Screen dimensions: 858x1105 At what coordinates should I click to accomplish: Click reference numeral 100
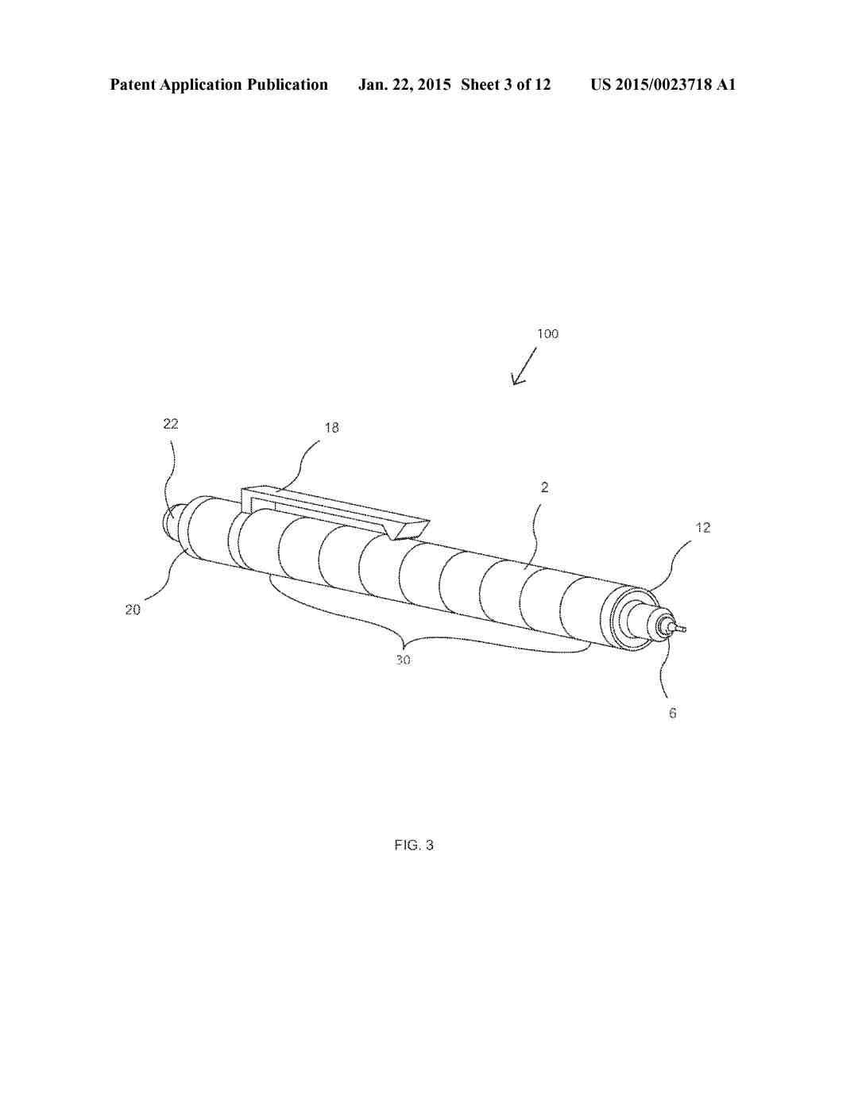(x=547, y=333)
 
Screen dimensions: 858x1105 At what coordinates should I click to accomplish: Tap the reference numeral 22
(x=171, y=424)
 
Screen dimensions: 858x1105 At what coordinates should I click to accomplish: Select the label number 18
(x=331, y=428)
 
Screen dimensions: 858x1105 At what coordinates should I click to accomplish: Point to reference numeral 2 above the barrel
(x=544, y=487)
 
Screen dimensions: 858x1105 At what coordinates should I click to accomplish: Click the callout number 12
(x=703, y=528)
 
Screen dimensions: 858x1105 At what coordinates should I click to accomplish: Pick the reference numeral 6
(x=672, y=714)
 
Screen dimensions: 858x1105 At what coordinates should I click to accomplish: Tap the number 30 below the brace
(x=403, y=660)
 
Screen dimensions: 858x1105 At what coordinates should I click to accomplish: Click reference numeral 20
(x=133, y=609)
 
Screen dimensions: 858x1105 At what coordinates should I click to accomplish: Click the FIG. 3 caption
(x=414, y=845)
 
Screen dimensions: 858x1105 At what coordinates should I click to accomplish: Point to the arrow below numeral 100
(x=524, y=366)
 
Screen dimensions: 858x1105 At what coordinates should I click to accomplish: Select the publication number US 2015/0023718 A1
(x=663, y=84)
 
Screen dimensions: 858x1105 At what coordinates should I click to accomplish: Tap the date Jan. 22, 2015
(x=404, y=84)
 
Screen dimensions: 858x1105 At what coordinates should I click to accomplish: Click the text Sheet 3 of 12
(x=505, y=84)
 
